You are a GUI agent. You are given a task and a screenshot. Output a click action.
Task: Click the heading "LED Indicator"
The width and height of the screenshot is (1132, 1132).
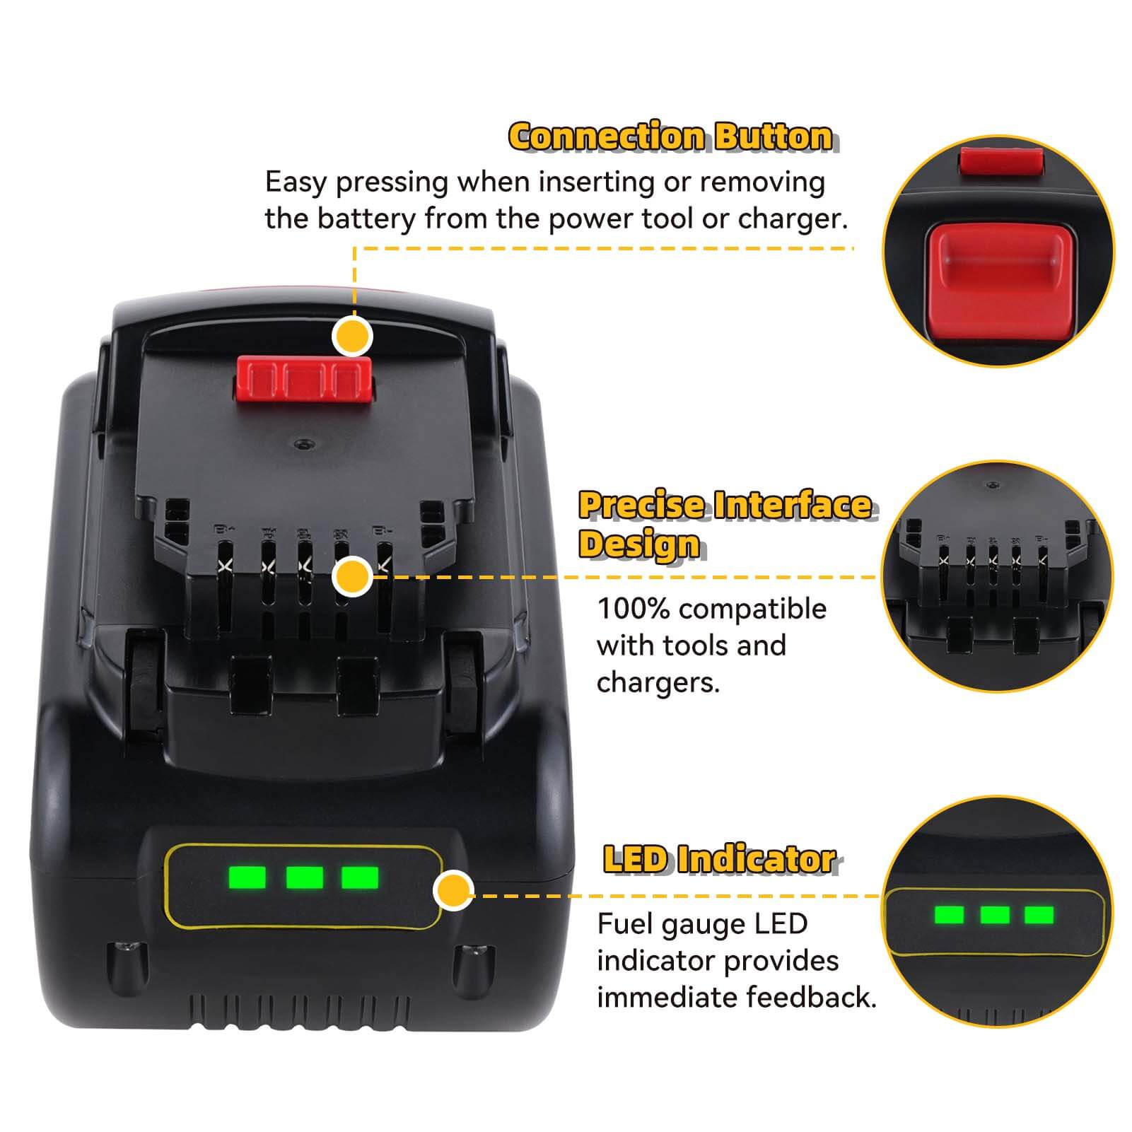point(720,860)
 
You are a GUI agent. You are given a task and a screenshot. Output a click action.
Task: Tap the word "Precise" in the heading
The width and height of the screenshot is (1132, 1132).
point(643,506)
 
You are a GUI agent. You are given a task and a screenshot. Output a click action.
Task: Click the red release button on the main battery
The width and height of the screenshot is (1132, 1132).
point(305,380)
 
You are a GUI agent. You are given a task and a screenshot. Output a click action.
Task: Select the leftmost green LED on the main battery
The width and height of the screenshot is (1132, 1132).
point(248,878)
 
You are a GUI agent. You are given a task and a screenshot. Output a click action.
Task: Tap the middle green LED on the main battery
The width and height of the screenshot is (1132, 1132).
point(305,878)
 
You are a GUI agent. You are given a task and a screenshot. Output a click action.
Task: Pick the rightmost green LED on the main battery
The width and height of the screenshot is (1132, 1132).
point(360,878)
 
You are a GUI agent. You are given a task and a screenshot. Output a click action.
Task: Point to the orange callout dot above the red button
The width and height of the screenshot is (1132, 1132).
point(352,337)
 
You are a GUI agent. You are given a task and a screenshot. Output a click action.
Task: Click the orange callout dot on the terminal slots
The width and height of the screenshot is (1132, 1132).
point(352,576)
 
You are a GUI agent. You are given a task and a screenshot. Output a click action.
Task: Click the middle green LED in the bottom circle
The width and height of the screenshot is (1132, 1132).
point(995,915)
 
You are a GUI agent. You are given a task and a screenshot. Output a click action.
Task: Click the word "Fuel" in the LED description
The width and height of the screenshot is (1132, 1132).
point(626,924)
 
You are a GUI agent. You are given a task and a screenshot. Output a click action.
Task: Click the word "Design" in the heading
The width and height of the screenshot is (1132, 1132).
point(638,544)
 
